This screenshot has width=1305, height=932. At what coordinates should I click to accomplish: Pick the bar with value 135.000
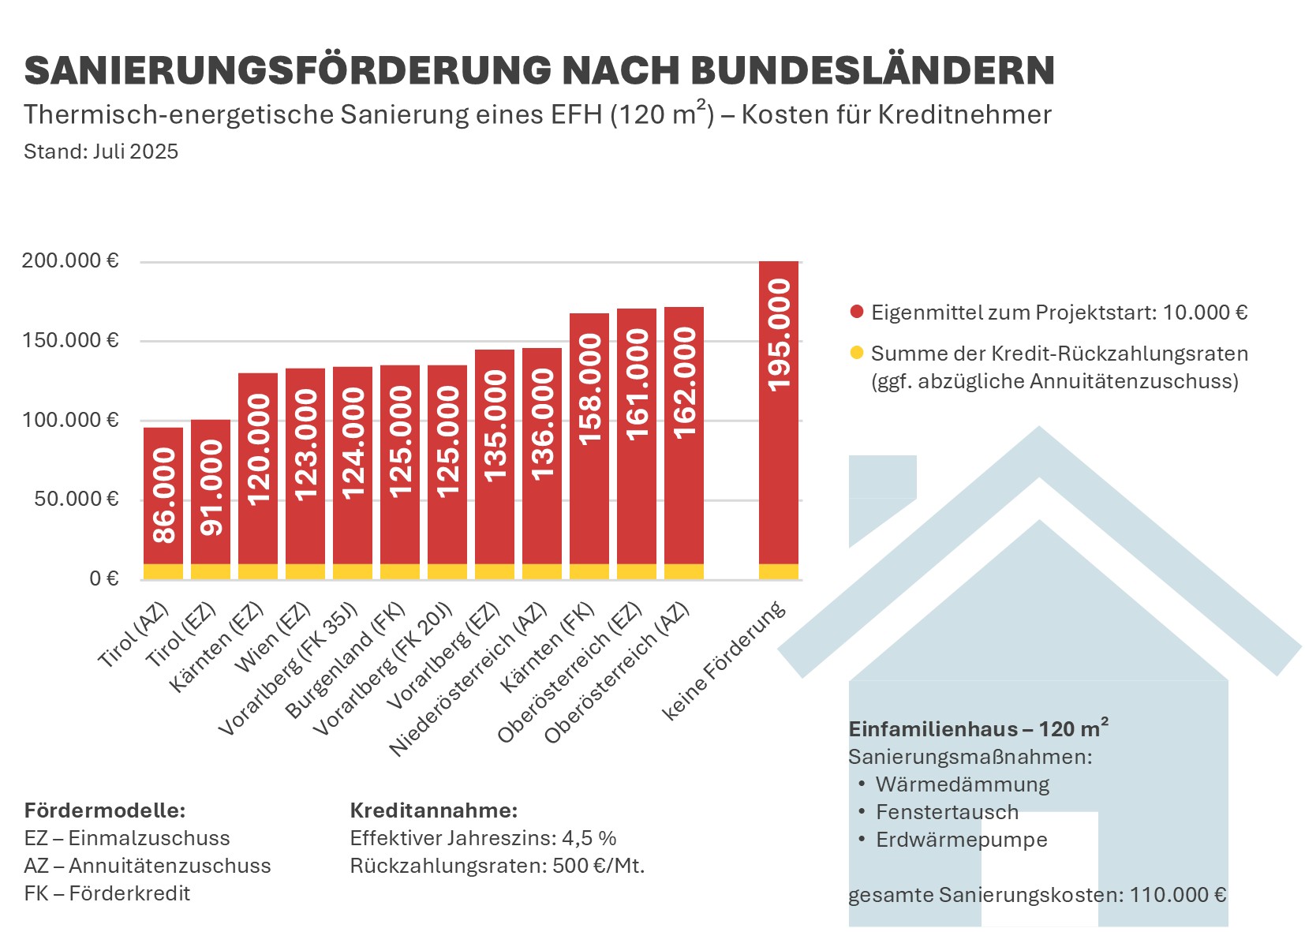(x=495, y=458)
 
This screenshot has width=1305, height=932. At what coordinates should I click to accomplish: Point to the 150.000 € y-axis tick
(x=70, y=340)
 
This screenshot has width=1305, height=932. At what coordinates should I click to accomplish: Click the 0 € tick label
(x=103, y=579)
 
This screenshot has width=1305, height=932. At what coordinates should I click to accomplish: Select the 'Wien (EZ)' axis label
(x=275, y=638)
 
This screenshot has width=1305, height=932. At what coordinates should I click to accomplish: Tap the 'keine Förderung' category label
(x=724, y=661)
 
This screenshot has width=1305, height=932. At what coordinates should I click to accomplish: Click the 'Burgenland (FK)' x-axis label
(x=346, y=661)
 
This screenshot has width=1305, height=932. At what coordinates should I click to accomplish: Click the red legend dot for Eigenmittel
(x=857, y=312)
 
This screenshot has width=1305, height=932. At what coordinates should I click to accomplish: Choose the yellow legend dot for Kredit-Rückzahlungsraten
(x=857, y=353)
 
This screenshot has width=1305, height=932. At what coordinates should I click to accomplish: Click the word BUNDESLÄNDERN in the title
(x=873, y=70)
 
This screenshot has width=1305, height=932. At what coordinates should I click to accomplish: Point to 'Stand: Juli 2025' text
(x=101, y=152)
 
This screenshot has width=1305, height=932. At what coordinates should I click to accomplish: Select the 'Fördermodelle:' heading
(x=104, y=810)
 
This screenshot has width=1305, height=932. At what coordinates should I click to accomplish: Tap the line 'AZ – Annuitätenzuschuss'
(x=147, y=866)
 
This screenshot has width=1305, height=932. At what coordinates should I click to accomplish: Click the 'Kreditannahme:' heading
(x=433, y=810)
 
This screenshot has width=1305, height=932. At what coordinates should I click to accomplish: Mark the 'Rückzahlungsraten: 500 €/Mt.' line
(x=497, y=866)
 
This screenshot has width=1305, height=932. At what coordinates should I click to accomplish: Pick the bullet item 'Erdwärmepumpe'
(x=961, y=840)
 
